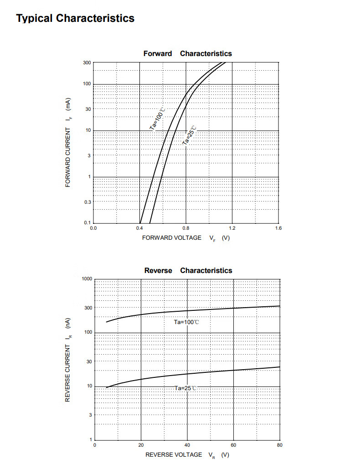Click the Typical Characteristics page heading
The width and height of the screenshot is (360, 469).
(75, 18)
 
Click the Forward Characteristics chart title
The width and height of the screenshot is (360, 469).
(187, 53)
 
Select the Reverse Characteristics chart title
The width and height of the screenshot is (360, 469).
(188, 270)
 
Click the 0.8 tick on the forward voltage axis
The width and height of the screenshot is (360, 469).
(186, 227)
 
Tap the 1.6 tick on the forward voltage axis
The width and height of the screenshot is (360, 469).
(278, 227)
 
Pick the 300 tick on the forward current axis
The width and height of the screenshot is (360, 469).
(87, 62)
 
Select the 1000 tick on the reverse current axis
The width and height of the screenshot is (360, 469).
(87, 278)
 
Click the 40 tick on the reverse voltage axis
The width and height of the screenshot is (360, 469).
(187, 445)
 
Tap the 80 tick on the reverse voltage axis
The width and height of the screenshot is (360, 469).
(279, 445)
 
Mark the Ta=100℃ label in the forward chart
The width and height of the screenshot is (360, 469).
(157, 119)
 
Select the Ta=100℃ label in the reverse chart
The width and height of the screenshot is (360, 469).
(186, 322)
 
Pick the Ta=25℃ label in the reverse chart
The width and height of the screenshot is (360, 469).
(186, 388)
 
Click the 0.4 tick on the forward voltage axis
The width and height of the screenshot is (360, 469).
(139, 227)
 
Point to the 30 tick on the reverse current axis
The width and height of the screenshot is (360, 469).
(88, 361)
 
